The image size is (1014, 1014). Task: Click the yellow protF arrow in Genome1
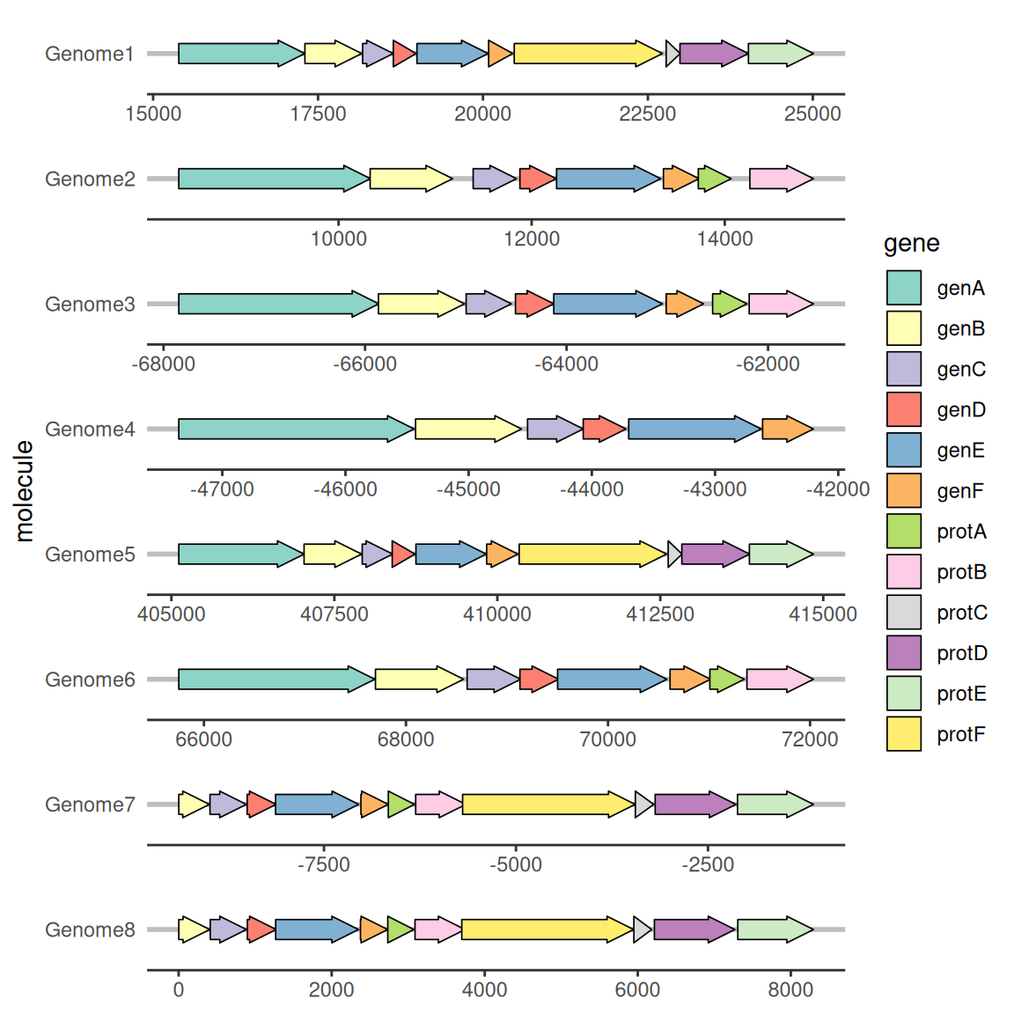coord(588,54)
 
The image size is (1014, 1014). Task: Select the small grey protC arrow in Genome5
coord(674,555)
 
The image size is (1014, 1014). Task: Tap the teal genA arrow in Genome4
coord(296,429)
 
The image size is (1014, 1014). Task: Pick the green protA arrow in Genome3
coord(730,304)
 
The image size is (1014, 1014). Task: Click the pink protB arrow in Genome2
coord(782,179)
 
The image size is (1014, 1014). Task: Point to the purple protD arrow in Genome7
coord(695,805)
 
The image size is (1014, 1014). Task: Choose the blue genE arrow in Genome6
coord(612,679)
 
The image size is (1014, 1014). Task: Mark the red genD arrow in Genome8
coord(261,929)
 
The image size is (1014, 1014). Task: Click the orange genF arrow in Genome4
coord(787,429)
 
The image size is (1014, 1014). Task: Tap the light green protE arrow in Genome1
coord(781,54)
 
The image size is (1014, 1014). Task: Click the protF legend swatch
coord(903,734)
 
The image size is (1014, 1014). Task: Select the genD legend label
coord(961,410)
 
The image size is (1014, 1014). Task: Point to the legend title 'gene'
coord(911,244)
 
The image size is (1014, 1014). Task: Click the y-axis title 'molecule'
coord(24,491)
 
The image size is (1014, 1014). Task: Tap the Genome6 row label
coord(90,680)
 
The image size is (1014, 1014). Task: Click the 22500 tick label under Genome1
coord(647,114)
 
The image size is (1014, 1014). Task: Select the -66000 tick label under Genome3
coord(364,364)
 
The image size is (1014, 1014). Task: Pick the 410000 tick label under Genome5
coord(496,614)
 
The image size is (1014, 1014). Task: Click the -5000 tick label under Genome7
coord(516,864)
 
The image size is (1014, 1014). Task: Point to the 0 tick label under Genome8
coord(179,989)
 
